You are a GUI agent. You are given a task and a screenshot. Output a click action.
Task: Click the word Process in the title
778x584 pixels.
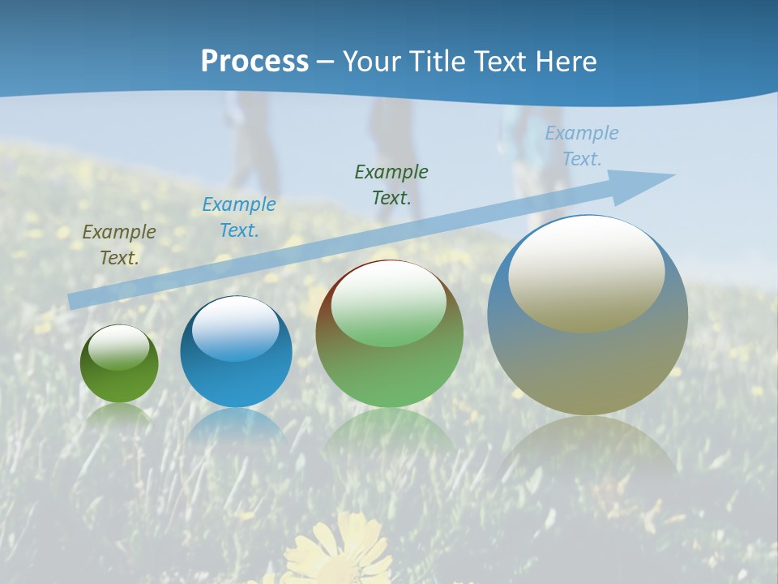[x=254, y=62]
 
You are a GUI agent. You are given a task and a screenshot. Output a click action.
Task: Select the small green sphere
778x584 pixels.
[x=119, y=364]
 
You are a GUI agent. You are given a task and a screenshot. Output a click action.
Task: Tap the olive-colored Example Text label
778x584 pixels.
[x=119, y=244]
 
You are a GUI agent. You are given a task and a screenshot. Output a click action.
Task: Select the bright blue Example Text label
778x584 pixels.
[x=238, y=217]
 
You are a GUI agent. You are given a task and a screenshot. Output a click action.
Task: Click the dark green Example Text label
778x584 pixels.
[x=391, y=184]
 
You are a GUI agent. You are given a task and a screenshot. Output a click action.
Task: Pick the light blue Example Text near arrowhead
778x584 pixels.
[x=581, y=145]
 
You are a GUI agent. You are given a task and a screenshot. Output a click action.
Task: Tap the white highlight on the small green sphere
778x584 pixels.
[x=119, y=346]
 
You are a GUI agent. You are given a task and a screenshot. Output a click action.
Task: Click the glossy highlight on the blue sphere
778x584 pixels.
[x=236, y=328]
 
